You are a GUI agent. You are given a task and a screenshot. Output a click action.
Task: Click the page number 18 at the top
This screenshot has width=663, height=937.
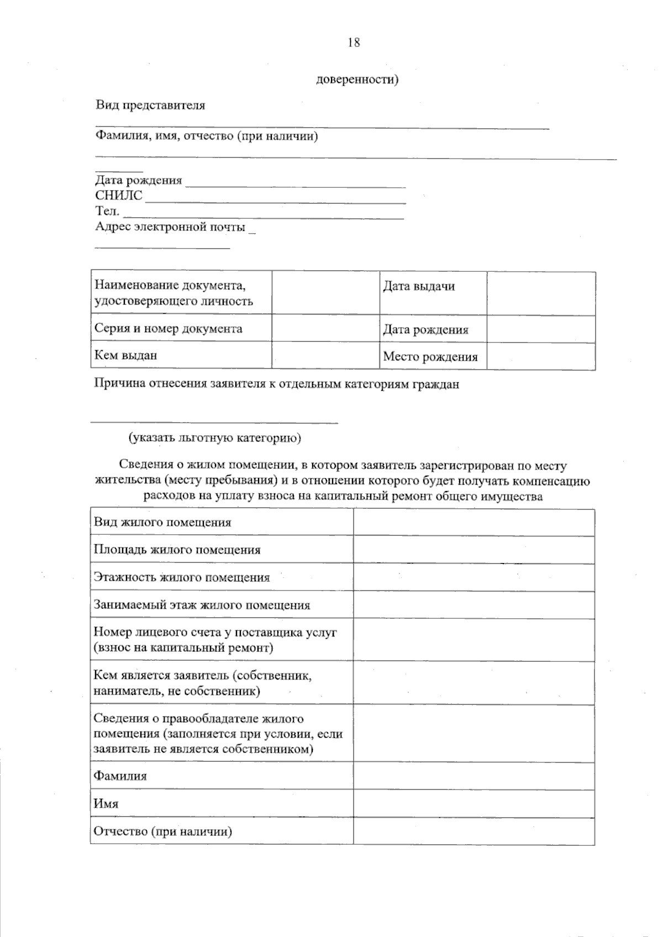354,43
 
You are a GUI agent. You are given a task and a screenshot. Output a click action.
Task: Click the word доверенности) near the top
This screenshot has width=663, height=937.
357,80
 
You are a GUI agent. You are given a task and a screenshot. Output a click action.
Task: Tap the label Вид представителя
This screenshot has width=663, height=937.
150,106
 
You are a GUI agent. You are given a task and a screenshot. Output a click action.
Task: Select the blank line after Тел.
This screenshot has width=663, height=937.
263,216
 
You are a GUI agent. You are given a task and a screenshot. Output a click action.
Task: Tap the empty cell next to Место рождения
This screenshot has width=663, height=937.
541,356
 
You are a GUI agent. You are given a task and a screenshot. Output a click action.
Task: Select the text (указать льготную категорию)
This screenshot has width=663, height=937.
215,438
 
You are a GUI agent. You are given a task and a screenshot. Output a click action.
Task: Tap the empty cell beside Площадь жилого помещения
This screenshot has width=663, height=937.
473,550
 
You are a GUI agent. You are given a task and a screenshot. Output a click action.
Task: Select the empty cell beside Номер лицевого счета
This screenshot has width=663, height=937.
473,640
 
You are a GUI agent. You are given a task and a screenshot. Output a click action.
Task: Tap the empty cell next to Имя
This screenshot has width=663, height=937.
473,803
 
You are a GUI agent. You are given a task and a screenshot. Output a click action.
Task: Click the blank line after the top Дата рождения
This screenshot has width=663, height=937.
296,185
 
